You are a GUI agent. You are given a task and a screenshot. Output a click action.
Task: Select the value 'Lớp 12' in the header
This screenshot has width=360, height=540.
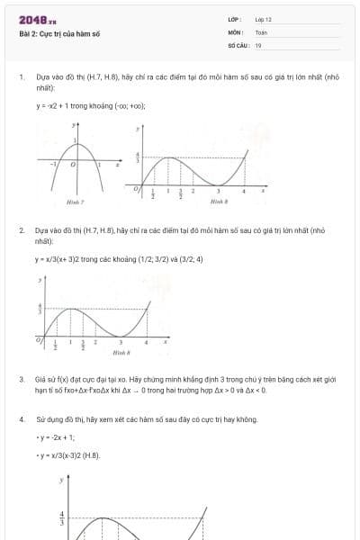(x=263, y=19)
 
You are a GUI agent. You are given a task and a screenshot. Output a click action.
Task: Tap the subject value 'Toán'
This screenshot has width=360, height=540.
(x=261, y=31)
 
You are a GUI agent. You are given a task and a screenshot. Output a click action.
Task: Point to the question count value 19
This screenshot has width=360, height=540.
(x=258, y=45)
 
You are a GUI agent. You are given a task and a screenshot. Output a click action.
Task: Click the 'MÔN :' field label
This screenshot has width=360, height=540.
(x=235, y=31)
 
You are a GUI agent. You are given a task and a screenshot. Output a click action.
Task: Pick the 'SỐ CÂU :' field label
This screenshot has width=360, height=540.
(x=237, y=45)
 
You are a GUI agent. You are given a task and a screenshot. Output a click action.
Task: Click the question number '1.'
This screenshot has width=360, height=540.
(x=22, y=77)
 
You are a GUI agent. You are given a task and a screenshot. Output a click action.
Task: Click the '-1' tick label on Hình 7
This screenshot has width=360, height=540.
(x=53, y=166)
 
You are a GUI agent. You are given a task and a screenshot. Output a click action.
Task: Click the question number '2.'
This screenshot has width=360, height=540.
(x=22, y=230)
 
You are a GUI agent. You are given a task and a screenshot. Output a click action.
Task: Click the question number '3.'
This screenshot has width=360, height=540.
(x=22, y=380)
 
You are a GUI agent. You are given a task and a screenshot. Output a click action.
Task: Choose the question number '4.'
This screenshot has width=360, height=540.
(x=22, y=419)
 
